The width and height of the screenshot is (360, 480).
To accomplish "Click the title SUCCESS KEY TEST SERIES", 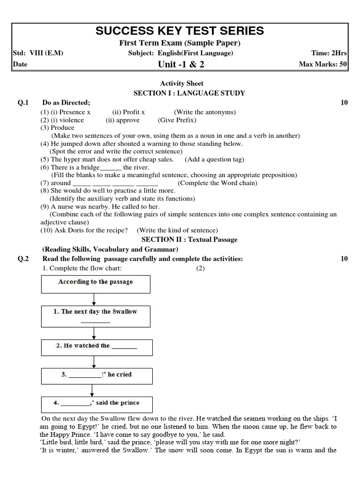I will coord(180,31).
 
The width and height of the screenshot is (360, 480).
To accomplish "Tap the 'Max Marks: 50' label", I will coord(323,65).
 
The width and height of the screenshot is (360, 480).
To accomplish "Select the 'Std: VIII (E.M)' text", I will coord(38,53).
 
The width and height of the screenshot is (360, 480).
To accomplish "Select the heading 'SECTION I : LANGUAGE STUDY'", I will coord(189,93).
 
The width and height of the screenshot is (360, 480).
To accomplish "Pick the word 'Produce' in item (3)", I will coord(62,127).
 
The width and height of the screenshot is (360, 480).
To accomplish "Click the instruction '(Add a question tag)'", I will coord(214,159).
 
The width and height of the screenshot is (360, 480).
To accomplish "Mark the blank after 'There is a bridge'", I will coord(111,167).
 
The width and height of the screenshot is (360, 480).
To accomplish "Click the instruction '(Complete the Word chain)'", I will coord(217,183).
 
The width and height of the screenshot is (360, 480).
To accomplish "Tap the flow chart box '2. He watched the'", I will coord(96,347).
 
